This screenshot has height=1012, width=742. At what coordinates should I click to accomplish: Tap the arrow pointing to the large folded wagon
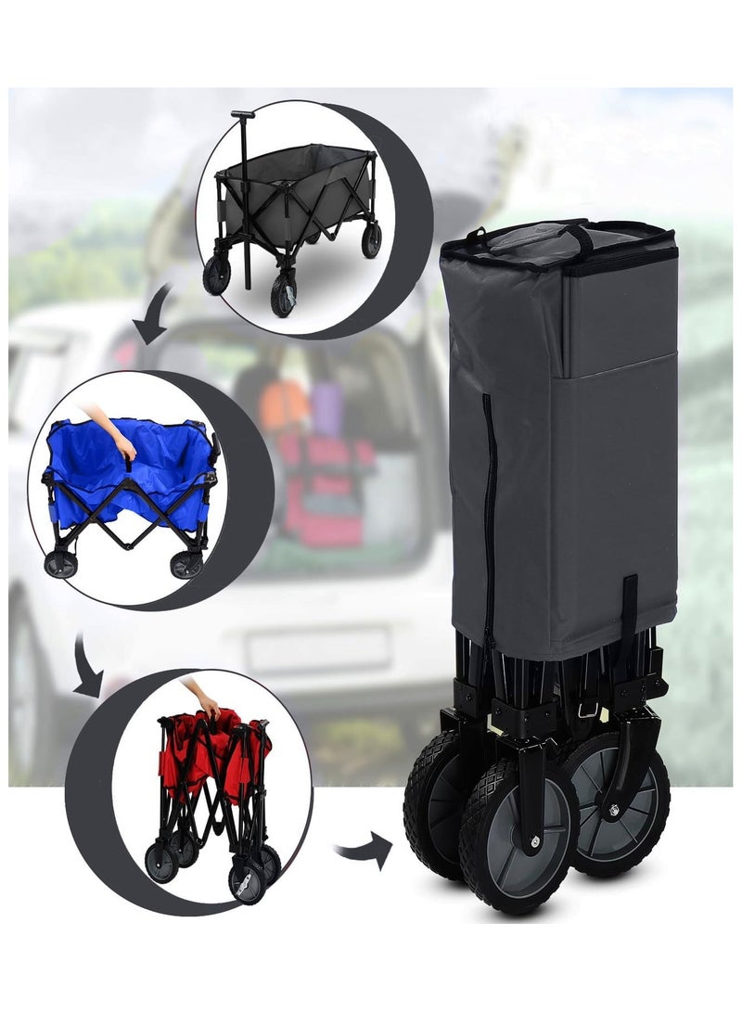364,851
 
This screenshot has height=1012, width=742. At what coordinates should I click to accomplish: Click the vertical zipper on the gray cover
488,519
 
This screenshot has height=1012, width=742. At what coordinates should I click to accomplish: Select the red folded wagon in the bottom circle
213,788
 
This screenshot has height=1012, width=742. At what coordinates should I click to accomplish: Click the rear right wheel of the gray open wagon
371,240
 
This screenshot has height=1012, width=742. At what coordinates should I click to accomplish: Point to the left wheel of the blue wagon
62,565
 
